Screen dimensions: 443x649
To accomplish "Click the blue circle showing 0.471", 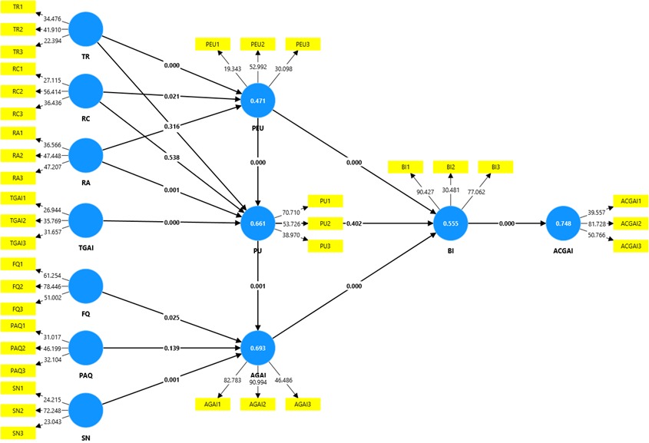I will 257,100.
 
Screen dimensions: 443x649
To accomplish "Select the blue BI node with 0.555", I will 451,223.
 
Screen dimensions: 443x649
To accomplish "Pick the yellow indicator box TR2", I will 18,29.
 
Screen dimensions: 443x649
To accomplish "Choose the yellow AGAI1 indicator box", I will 211,404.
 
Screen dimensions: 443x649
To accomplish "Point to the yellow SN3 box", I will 18,433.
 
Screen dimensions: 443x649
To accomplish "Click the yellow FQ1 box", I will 18,264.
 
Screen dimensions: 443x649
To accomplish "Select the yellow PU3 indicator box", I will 324,245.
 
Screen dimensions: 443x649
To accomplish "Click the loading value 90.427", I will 425,191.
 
